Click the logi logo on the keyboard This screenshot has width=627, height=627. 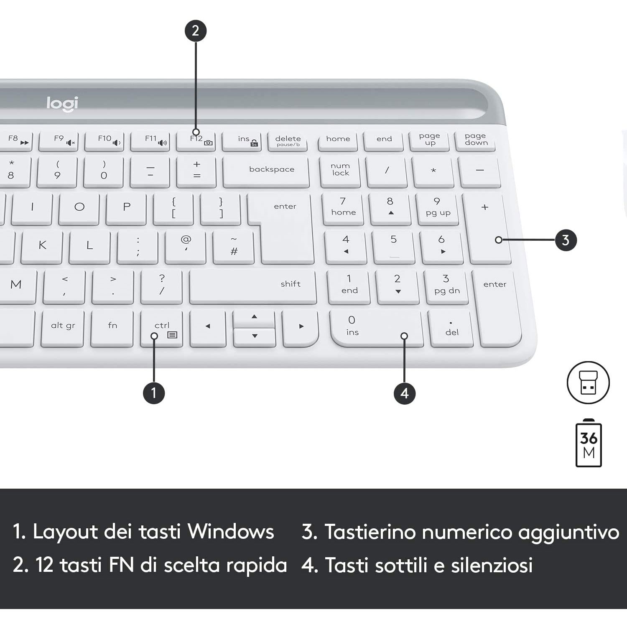[x=62, y=104]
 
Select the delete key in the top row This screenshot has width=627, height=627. [x=288, y=141]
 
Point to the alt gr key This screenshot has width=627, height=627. [x=63, y=328]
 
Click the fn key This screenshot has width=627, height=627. [x=112, y=328]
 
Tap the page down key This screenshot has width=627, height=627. [x=476, y=141]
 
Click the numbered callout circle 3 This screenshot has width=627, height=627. [x=566, y=240]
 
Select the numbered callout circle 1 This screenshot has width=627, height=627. [x=154, y=393]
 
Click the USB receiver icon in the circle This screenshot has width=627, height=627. [x=588, y=382]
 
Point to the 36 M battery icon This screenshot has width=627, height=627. [x=589, y=443]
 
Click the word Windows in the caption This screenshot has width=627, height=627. [x=231, y=532]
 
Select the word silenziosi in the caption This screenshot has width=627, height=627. [x=492, y=565]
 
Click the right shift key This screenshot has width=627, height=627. [x=253, y=286]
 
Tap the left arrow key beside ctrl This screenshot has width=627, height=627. [x=208, y=328]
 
